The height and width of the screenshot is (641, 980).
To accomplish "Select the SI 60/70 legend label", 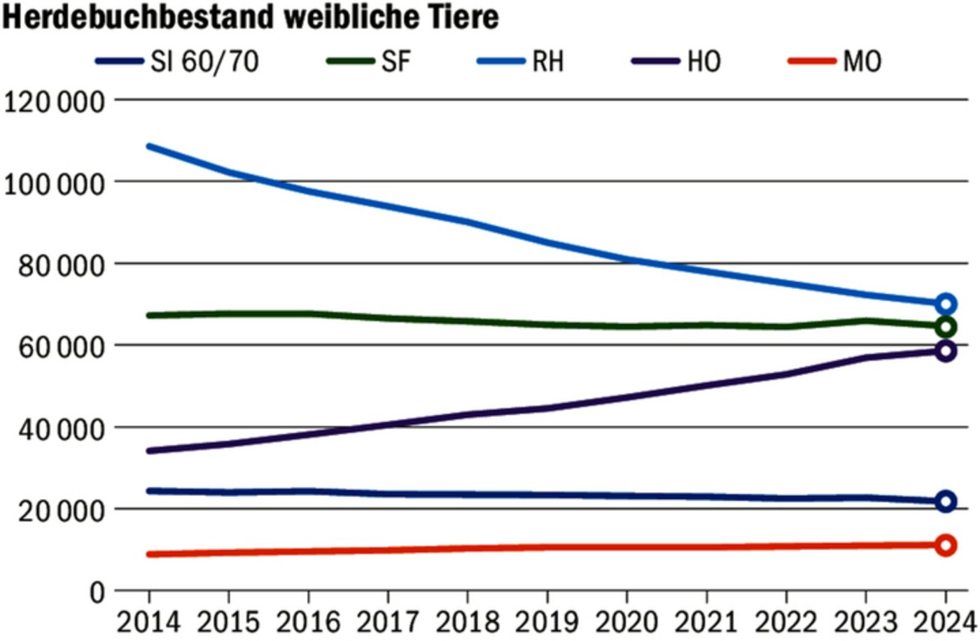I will point(204,62).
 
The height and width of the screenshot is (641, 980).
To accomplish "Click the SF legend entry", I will point(395,62).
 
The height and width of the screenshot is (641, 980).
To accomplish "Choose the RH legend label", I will point(547,62).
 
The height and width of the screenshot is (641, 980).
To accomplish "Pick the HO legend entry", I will point(703,62).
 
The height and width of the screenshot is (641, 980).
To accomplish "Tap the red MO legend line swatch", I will point(812,61).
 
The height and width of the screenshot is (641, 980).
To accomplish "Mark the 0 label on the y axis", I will point(97,593).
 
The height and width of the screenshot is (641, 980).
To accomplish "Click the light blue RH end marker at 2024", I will point(946,304).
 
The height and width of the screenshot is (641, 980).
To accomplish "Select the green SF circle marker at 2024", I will point(946,327).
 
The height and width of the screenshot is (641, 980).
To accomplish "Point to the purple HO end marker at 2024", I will point(946,351).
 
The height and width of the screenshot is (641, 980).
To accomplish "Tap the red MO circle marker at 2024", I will point(946,545).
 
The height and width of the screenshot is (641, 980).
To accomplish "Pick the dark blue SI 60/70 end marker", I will point(946,501).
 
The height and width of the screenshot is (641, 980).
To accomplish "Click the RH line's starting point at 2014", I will point(149,146).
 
